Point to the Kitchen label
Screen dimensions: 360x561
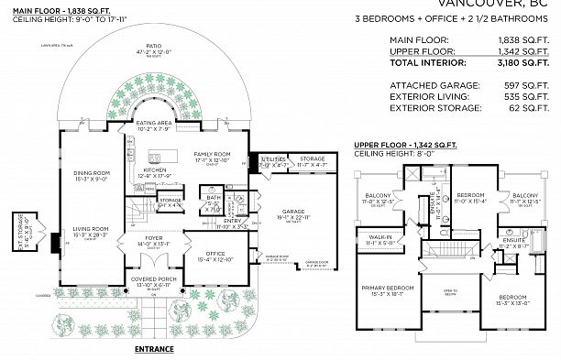pyautogui.click(x=153, y=170)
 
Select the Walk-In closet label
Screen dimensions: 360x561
pyautogui.click(x=379, y=239)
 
